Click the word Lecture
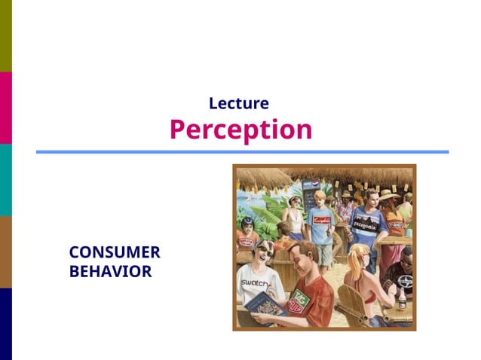238,103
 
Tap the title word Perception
240,130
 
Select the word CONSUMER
115,253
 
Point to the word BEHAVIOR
110,271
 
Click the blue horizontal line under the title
241,152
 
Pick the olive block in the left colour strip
6,35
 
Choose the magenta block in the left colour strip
6,108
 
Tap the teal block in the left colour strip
6,179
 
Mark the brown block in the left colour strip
6,252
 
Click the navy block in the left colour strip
6,324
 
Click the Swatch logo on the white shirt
254,282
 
